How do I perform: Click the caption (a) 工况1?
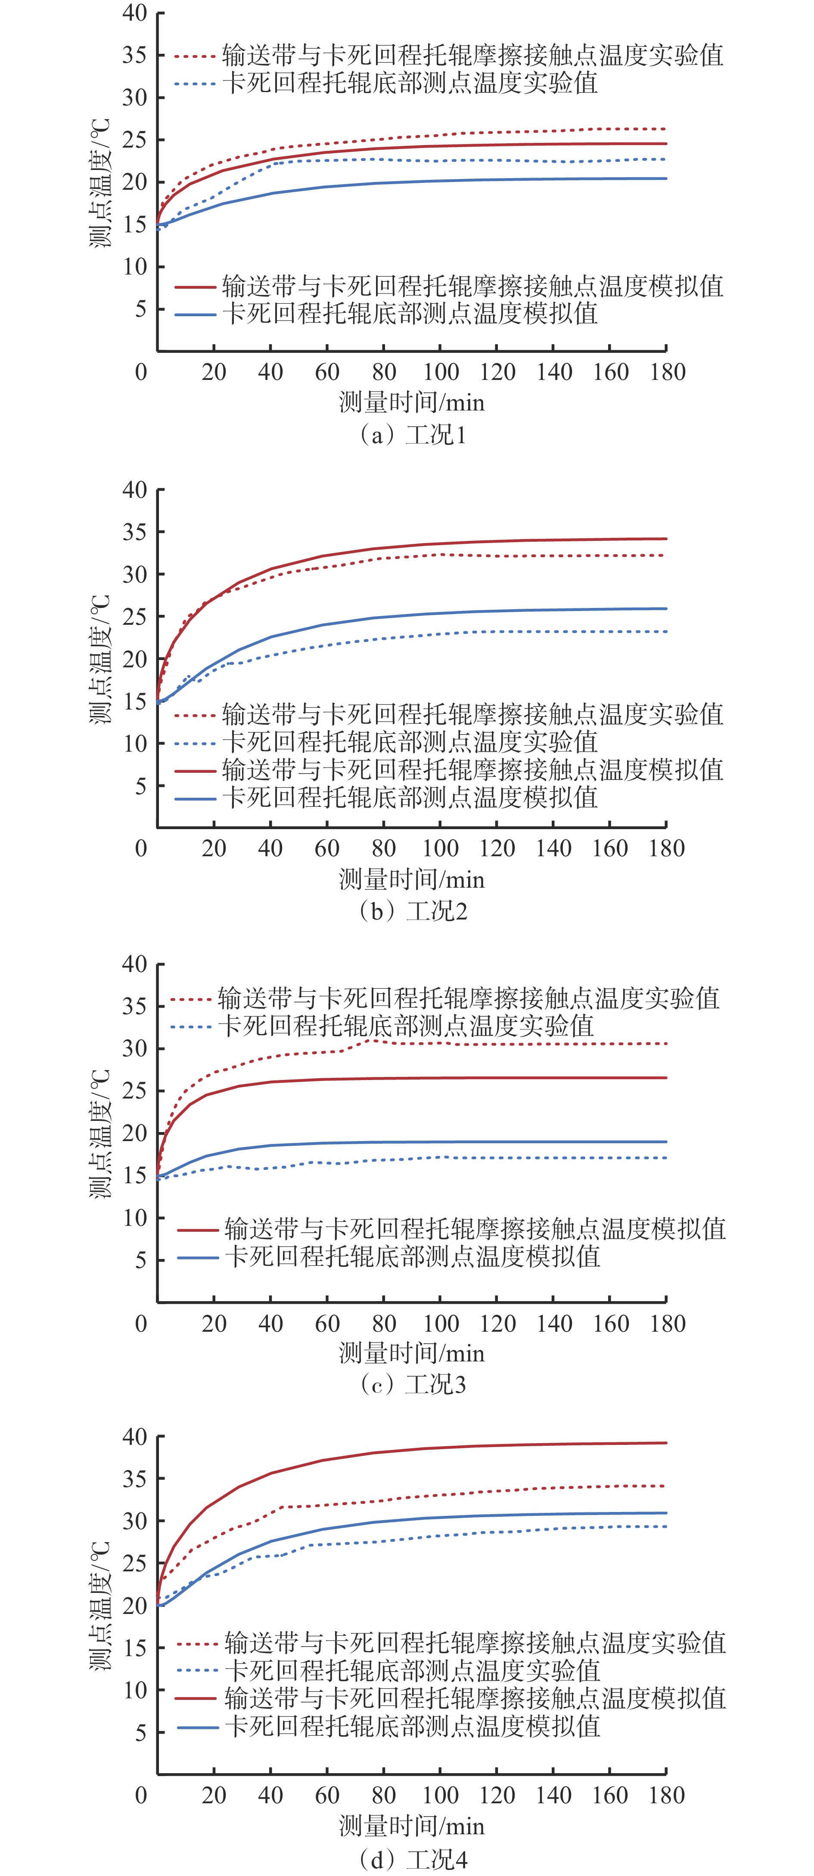pos(413,435)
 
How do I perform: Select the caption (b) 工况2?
pos(413,911)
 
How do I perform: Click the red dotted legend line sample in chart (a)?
pos(195,56)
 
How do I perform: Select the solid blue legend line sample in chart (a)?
pos(195,315)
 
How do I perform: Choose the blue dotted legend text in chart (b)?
pos(410,742)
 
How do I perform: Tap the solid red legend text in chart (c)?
pos(475,1229)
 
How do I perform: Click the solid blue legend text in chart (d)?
pos(413,1726)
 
